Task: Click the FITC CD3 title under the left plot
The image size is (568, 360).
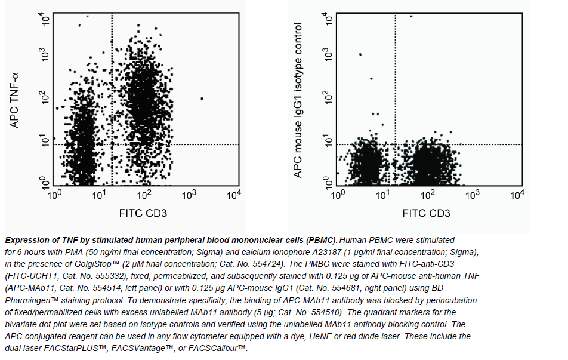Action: pyautogui.click(x=143, y=213)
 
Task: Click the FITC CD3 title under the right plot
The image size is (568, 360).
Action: pyautogui.click(x=426, y=213)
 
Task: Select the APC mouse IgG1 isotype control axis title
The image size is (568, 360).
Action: pyautogui.click(x=299, y=100)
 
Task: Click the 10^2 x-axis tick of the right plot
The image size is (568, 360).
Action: pyautogui.click(x=428, y=195)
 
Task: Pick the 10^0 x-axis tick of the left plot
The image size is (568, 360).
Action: pyautogui.click(x=55, y=195)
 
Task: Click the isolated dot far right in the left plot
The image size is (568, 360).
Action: pyautogui.click(x=202, y=99)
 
